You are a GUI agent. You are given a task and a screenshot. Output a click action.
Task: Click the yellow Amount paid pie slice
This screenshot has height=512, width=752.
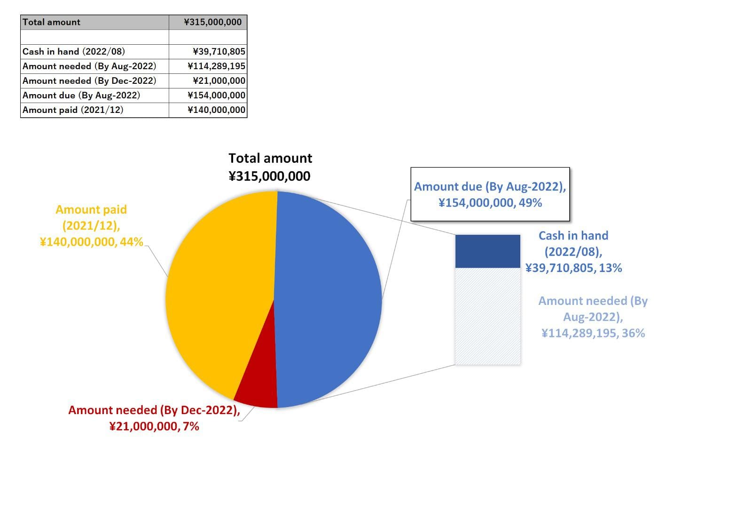tap(216, 292)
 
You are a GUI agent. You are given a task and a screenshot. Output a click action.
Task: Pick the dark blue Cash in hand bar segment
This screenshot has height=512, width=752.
tap(487, 251)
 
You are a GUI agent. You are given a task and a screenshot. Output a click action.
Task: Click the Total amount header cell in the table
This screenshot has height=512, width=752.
tap(94, 22)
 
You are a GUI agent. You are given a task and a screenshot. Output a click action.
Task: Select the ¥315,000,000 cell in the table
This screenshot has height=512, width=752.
tap(208, 22)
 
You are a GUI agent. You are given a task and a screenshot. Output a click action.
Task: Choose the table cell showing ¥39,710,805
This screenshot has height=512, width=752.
tap(208, 51)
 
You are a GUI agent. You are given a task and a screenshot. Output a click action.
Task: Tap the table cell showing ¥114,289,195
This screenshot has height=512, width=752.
tap(208, 66)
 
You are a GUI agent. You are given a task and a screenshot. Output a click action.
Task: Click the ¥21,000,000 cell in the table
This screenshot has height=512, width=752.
tap(208, 80)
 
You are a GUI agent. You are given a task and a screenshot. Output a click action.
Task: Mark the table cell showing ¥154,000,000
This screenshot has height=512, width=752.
tap(208, 95)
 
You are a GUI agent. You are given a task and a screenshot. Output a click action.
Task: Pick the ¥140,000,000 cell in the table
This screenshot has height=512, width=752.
tap(208, 110)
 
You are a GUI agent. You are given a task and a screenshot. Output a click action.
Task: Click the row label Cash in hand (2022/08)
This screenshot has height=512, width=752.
tap(74, 51)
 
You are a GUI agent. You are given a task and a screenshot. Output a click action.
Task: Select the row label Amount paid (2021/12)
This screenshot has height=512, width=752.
tap(73, 110)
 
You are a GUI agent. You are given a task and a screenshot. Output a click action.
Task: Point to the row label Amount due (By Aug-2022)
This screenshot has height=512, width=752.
tap(81, 95)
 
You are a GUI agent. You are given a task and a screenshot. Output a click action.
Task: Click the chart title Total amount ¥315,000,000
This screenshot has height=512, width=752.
tap(270, 167)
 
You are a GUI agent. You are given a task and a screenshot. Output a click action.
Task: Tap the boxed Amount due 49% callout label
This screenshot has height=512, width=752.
tap(490, 194)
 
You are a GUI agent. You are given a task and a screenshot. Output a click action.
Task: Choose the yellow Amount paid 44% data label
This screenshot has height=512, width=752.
tap(91, 225)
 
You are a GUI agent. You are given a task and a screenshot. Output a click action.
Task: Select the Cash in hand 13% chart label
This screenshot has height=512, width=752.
tap(573, 252)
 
